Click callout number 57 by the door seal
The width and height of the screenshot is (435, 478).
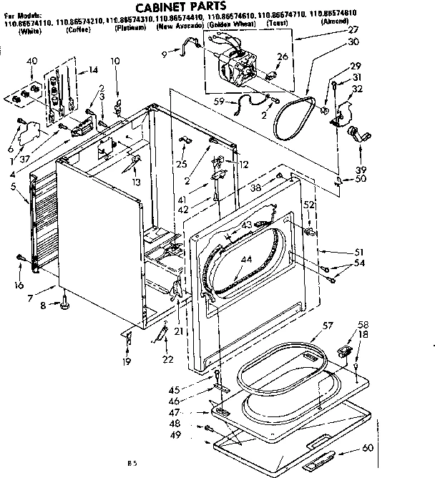[x=327, y=326]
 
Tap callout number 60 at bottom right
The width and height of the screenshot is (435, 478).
[x=368, y=448]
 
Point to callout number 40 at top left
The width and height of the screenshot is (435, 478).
[x=31, y=61]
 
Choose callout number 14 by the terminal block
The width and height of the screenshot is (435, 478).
[x=93, y=70]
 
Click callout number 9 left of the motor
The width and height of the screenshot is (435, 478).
[x=165, y=54]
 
